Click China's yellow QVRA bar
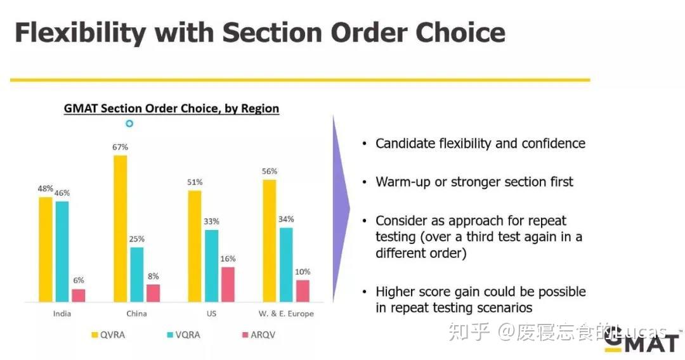(x=120, y=228)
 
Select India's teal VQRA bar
(x=62, y=252)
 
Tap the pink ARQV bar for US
(x=228, y=284)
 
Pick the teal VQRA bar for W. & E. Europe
(x=286, y=264)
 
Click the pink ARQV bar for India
(x=79, y=295)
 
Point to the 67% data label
(x=120, y=147)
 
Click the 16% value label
(x=228, y=259)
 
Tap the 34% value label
(x=286, y=219)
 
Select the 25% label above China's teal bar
(x=137, y=239)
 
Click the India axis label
(x=62, y=313)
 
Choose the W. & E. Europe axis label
(x=286, y=313)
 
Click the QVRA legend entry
(x=108, y=335)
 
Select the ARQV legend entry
(x=259, y=335)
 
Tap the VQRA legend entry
(x=184, y=335)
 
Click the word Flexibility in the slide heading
(x=81, y=33)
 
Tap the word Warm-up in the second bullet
(x=403, y=182)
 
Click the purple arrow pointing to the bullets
(x=341, y=208)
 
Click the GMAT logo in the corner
(x=642, y=342)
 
